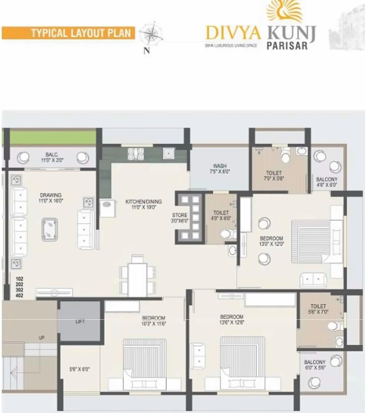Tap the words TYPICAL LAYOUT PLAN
pyautogui.click(x=81, y=33)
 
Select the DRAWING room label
pyautogui.click(x=51, y=195)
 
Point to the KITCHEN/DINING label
pyautogui.click(x=144, y=202)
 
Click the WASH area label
pyautogui.click(x=220, y=166)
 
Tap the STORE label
pyautogui.click(x=180, y=215)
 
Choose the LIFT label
pyautogui.click(x=80, y=321)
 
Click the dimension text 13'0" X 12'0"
pyautogui.click(x=272, y=244)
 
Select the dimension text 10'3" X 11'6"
pyautogui.click(x=153, y=324)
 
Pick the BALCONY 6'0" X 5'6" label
pyautogui.click(x=315, y=365)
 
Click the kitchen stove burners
pyautogui.click(x=136, y=154)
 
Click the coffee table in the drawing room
pyautogui.click(x=50, y=229)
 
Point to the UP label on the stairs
pyautogui.click(x=41, y=338)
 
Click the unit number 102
pyautogui.click(x=19, y=279)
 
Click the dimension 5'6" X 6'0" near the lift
pyautogui.click(x=79, y=369)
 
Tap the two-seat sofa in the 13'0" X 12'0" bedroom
pyautogui.click(x=313, y=280)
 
